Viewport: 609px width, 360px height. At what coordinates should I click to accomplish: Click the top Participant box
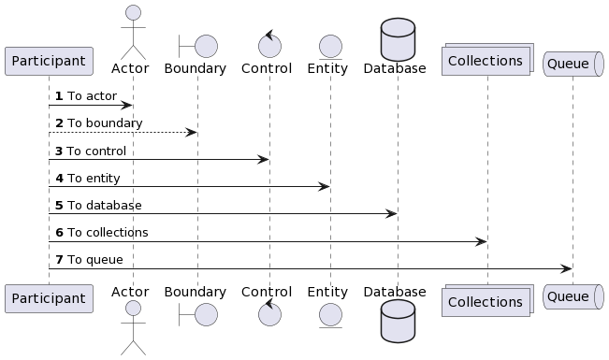49,61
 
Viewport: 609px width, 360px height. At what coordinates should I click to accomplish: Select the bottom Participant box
49,298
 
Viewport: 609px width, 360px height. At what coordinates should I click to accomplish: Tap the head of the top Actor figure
133,12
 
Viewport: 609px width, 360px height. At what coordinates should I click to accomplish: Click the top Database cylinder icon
398,39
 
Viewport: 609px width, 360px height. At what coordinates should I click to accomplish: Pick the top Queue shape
573,64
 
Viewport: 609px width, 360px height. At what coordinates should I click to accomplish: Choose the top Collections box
487,59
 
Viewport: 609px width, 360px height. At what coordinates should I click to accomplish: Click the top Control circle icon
269,44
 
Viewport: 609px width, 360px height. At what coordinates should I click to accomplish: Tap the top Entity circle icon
330,47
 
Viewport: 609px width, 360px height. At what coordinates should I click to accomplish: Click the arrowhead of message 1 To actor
128,106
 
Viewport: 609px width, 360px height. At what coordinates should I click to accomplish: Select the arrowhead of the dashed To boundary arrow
192,133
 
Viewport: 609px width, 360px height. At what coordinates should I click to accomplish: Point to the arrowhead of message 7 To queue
567,268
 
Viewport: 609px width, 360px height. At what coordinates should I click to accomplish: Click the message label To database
105,206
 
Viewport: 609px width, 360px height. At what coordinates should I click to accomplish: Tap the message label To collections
108,233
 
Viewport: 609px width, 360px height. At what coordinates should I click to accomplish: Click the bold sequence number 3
59,151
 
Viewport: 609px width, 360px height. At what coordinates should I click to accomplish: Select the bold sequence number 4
59,179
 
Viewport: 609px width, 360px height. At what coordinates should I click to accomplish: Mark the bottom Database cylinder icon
398,321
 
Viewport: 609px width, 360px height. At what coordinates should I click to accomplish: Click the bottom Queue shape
573,296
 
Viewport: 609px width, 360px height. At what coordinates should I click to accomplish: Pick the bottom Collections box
487,300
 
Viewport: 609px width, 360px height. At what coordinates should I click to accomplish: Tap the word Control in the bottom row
267,292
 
